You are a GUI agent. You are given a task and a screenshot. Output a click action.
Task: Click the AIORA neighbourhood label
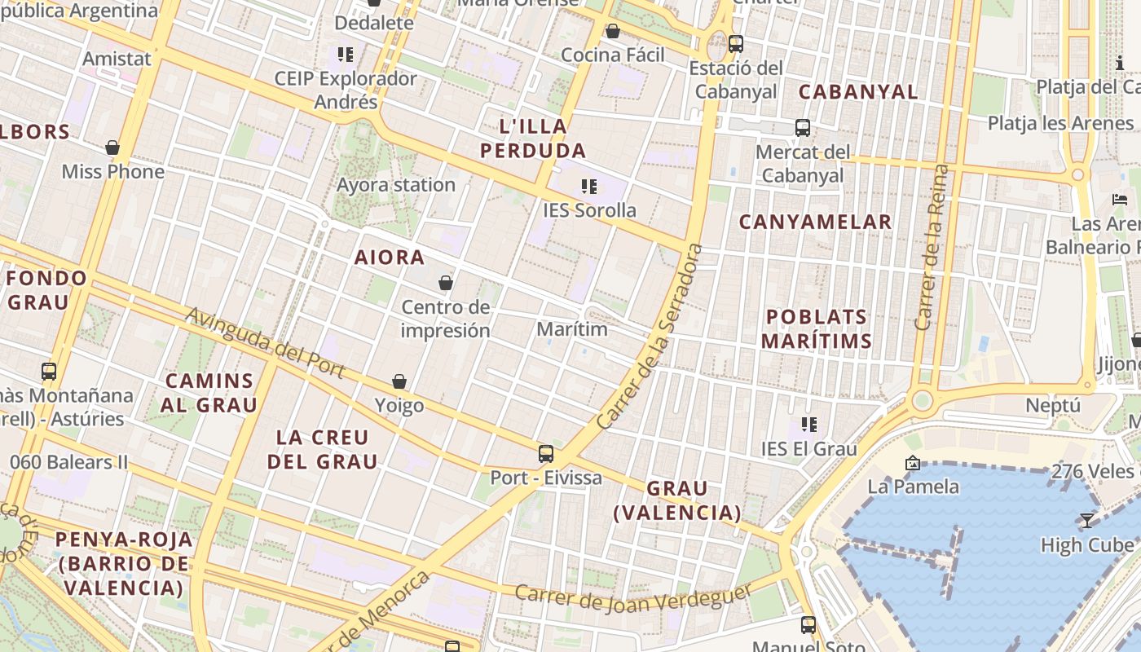(390, 258)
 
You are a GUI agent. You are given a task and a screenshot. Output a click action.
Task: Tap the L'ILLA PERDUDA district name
(533, 139)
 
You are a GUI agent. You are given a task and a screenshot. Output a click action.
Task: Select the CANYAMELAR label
(815, 222)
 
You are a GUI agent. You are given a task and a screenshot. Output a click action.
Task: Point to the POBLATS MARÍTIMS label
(817, 328)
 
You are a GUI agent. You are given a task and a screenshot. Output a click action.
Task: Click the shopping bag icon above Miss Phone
(112, 148)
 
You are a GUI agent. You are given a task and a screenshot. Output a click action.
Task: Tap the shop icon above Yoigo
(399, 381)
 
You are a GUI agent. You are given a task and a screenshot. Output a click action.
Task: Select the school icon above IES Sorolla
(589, 187)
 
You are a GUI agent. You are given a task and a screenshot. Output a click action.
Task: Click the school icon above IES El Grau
(809, 424)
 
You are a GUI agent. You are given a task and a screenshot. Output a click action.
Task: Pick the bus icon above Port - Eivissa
(546, 454)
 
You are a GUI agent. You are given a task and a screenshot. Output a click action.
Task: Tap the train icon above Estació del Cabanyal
(736, 44)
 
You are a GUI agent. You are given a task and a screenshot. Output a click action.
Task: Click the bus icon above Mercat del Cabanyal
(803, 128)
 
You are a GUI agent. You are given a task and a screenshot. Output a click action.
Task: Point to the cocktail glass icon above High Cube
(1087, 520)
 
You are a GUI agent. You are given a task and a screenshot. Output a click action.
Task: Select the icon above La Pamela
(913, 463)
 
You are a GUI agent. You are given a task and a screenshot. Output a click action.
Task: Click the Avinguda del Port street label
(266, 342)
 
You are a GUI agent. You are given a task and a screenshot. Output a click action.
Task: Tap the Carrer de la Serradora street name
(650, 337)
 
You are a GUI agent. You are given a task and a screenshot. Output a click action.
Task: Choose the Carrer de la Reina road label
(933, 247)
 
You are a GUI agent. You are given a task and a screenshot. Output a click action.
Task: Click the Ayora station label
(396, 185)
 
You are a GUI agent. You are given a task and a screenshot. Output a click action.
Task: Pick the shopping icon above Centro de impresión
(446, 283)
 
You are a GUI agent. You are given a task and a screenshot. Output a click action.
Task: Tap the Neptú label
(1053, 406)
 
